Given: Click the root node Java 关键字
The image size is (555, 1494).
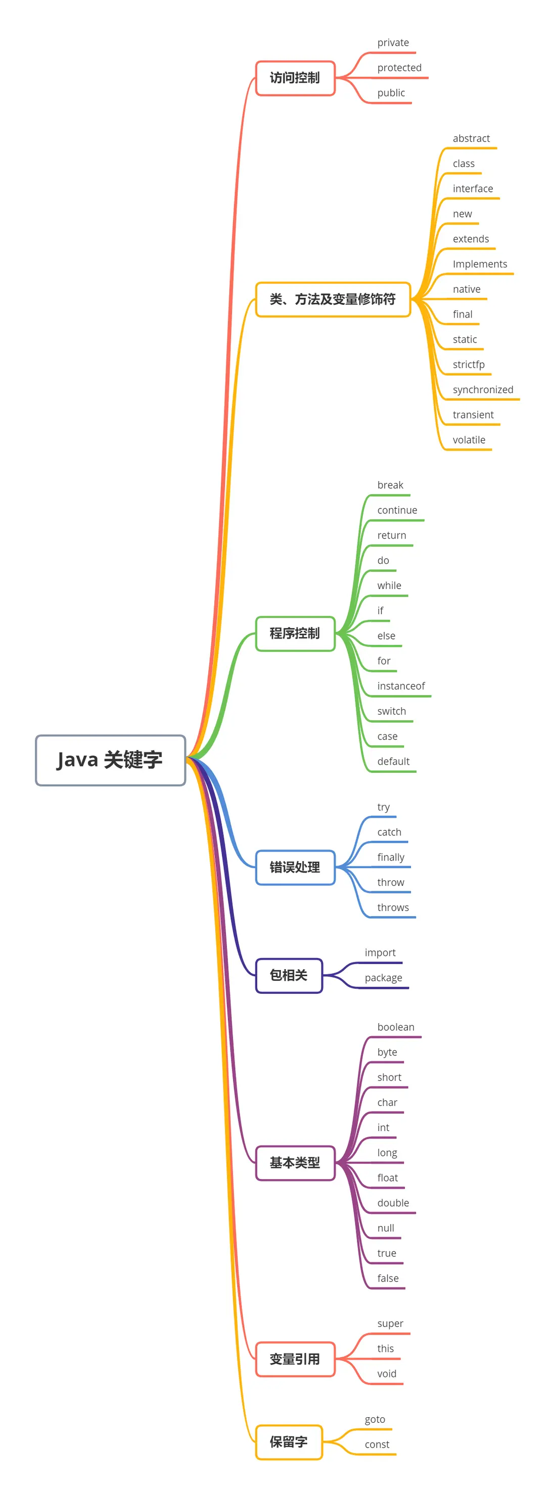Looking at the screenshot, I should point(110,760).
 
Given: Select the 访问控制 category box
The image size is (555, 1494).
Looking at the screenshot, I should point(295,78).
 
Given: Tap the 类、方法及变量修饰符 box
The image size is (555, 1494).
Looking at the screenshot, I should point(333,299).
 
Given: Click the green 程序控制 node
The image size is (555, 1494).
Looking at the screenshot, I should point(295,633).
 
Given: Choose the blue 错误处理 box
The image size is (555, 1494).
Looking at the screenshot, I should point(295,867).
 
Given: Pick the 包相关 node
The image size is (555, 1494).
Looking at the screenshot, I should point(289,975).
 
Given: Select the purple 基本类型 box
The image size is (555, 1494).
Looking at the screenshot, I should point(295,1162).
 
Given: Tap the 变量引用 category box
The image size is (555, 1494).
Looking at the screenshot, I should point(295,1359).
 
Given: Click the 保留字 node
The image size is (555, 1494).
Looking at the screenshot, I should point(289,1442).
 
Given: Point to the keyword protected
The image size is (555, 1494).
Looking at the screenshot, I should point(399,68).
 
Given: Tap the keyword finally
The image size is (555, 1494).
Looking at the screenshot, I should point(391,857).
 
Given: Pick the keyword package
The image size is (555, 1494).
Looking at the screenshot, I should point(383,978).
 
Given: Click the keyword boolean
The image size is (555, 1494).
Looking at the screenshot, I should point(396,1027).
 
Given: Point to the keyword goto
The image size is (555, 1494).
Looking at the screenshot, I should point(375,1419).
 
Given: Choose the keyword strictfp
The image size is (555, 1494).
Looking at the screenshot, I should point(469,365).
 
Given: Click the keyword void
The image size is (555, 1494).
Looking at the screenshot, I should point(387,1373).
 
